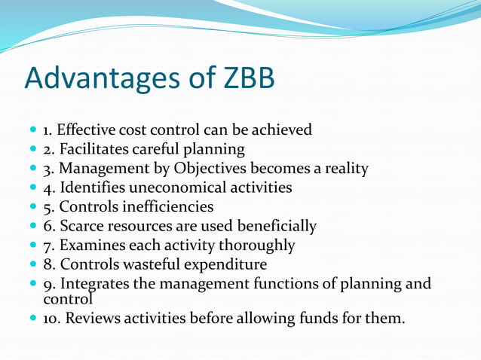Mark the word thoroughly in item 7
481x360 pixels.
pyautogui.click(x=256, y=246)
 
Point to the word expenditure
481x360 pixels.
pyautogui.click(x=225, y=264)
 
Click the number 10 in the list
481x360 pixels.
pyautogui.click(x=51, y=319)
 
